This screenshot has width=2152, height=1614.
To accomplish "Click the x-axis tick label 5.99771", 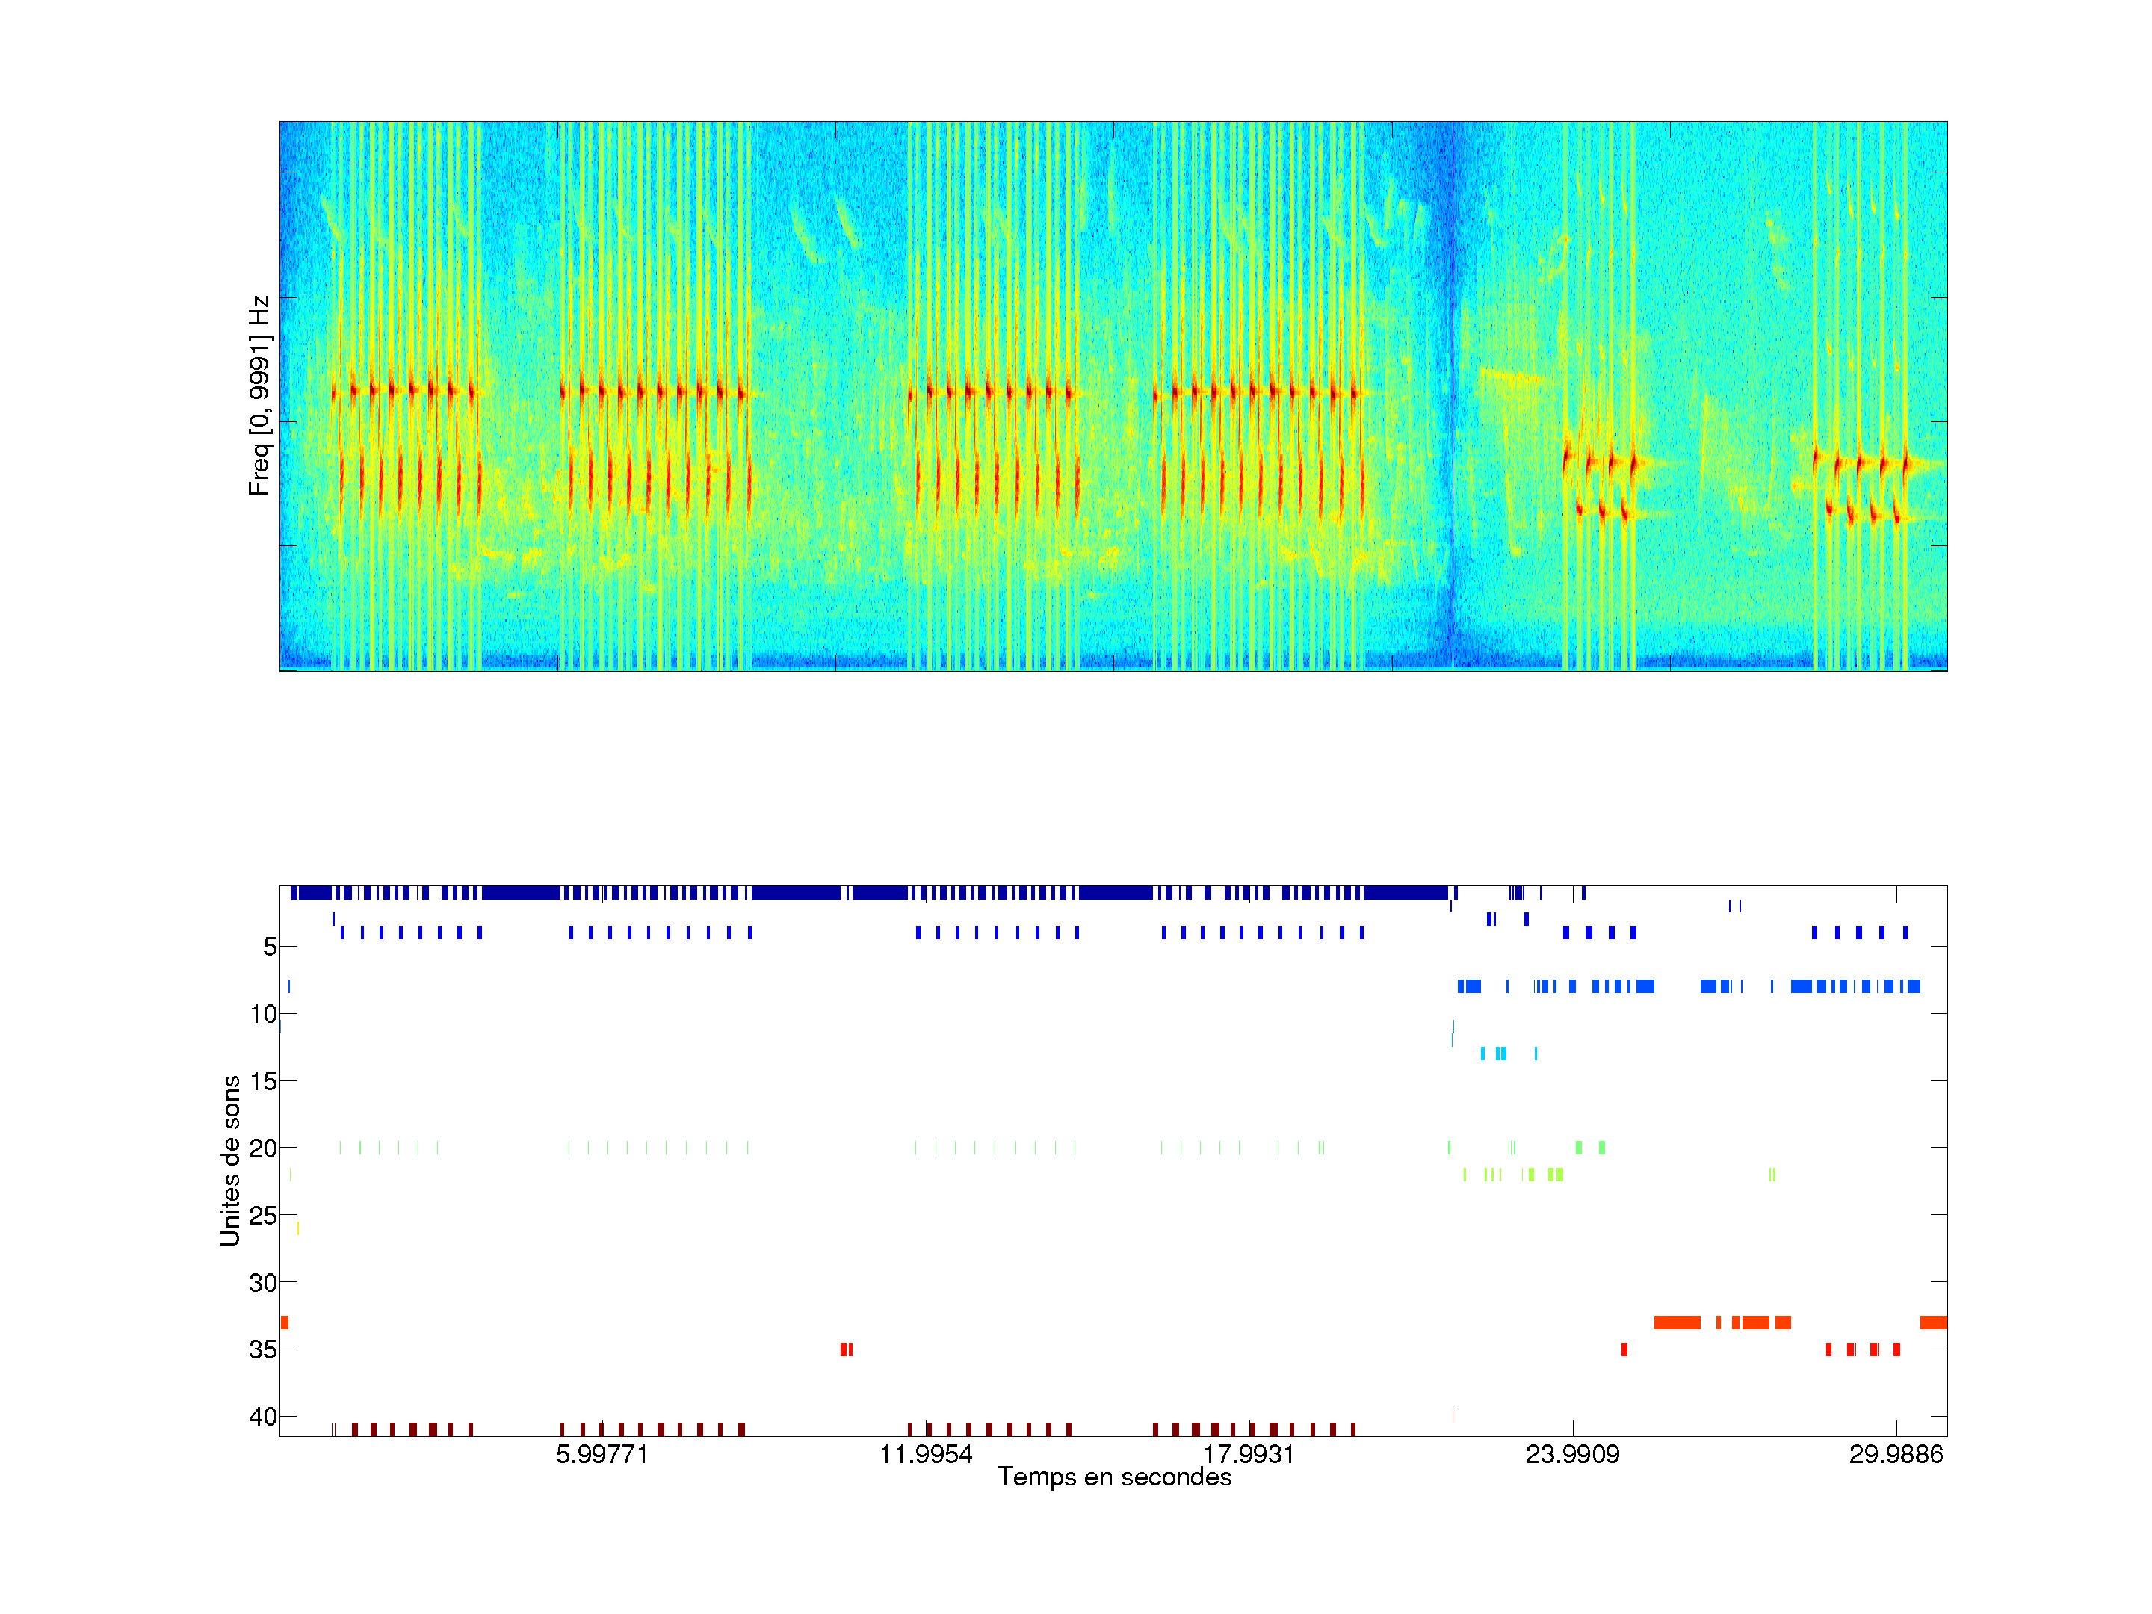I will coord(602,1454).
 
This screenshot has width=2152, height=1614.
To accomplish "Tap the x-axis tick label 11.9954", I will coord(925,1454).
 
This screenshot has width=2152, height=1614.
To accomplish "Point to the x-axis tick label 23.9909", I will coord(1572,1454).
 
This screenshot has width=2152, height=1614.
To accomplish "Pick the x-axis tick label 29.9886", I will coord(1895,1454).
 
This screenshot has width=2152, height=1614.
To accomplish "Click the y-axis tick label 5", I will coord(270,947).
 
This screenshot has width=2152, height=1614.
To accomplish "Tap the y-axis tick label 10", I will coord(263,1015).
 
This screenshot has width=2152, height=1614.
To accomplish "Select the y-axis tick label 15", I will coord(263,1081).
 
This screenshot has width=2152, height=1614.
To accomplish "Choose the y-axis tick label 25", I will coord(263,1216).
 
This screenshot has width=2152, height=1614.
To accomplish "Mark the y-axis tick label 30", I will coord(263,1283).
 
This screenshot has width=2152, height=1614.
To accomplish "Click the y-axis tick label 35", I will coord(263,1349).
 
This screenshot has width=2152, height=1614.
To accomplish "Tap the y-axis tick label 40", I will coord(263,1417).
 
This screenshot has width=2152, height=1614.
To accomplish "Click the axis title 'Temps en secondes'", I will coord(1114,1478).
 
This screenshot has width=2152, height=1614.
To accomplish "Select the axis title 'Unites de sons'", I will coord(231,1160).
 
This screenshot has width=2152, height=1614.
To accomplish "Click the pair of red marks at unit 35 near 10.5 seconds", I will coord(847,1349).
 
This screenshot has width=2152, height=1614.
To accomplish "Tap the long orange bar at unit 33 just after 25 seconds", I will coord(1676,1322).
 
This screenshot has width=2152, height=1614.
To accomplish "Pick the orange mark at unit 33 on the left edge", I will coord(284,1322).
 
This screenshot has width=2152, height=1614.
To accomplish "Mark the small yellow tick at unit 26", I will coord(297,1228).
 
